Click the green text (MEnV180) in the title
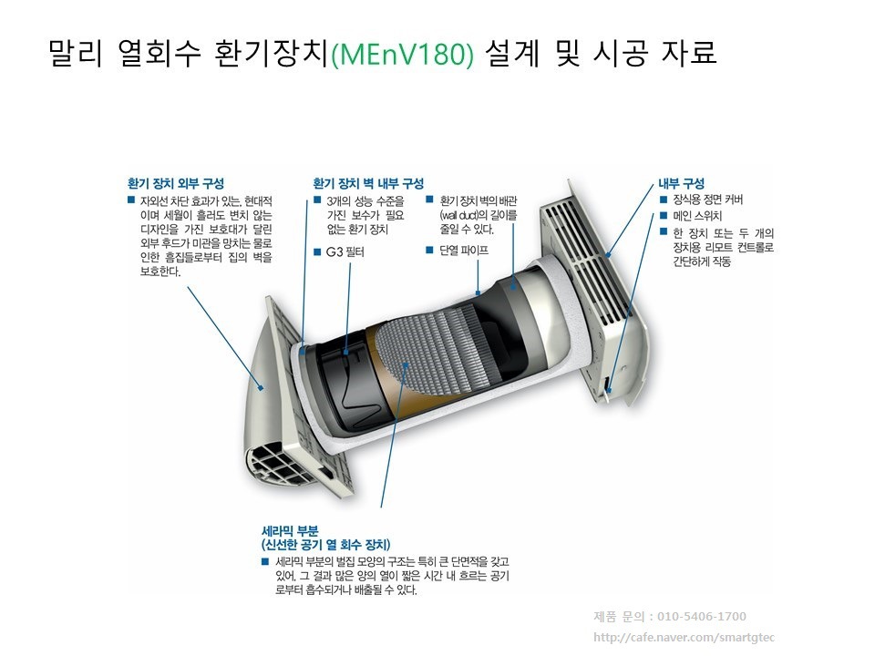[402, 54]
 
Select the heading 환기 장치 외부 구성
[176, 183]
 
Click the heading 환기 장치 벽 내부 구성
[368, 183]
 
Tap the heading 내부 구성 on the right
[681, 183]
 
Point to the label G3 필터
[345, 252]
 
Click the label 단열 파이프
[464, 251]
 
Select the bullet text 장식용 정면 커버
[707, 200]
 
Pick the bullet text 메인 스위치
[697, 216]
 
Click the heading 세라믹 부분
[290, 530]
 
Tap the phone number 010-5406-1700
[702, 617]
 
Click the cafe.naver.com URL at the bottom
[684, 637]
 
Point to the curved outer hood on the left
[262, 402]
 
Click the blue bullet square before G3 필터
[317, 252]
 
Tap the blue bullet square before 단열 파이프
[429, 250]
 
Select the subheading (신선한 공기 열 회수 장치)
[326, 545]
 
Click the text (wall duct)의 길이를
[479, 215]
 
